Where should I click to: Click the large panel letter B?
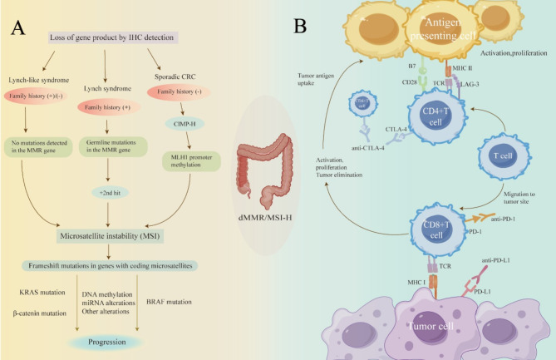(x=301, y=27)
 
